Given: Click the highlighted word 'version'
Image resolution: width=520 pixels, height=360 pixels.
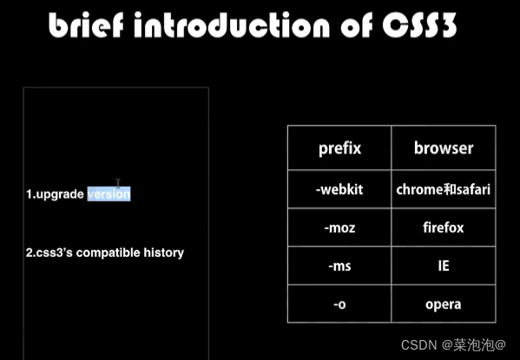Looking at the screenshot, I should point(109,194).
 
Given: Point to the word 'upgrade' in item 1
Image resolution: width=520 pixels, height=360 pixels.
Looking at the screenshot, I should point(60,194).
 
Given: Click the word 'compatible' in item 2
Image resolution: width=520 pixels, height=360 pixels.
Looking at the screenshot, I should point(109,253).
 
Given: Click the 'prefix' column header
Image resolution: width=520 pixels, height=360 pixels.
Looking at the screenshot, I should point(339,147).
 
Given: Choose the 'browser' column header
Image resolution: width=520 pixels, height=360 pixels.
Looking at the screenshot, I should point(443,147).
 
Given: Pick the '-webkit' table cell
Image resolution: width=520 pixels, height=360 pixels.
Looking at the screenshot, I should point(339,189).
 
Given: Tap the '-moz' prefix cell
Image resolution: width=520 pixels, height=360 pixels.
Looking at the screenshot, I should point(339,228).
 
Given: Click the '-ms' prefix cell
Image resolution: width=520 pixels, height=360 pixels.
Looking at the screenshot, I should point(339,266).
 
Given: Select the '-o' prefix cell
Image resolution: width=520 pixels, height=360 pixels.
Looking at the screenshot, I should point(339,304).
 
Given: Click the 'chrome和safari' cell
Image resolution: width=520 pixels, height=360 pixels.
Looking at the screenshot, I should point(444,189).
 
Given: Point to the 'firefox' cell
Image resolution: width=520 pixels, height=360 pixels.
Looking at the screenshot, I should point(444,228).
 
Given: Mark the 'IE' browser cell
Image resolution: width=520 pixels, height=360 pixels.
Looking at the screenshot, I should point(444,266).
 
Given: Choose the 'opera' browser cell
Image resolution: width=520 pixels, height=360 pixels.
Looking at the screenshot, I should point(444,304).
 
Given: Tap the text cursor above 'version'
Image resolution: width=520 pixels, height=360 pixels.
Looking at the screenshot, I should point(118,183).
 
